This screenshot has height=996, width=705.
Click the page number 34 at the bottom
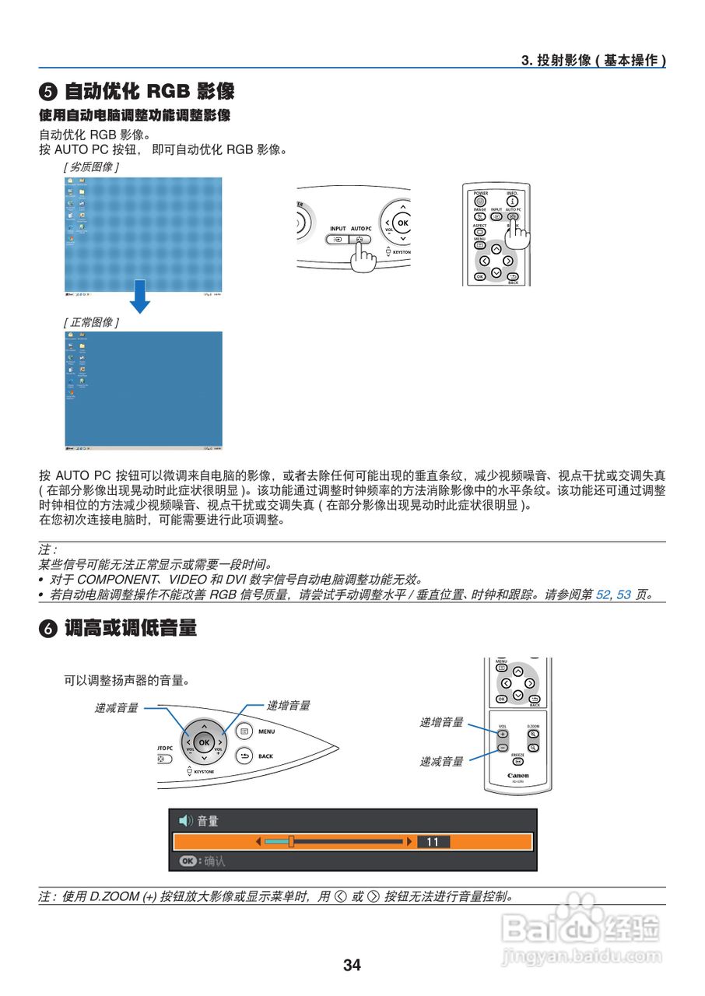352,965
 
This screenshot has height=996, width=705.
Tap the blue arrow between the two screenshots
139,296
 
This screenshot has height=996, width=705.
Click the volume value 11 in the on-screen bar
433,841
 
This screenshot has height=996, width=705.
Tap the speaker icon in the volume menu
185,820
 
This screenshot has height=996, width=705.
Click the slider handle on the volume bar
290,841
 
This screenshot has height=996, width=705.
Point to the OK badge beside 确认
188,861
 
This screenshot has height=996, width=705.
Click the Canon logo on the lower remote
517,775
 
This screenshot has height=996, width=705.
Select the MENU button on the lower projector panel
244,731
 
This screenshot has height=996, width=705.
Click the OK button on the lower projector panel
204,742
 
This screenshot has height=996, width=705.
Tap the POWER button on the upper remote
480,201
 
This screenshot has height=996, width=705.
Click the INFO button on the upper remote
512,201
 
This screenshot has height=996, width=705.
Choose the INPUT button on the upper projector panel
338,240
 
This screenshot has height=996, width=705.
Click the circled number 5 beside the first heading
47,92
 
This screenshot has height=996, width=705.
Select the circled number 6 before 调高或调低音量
47,630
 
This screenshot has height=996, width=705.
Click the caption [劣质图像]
91,167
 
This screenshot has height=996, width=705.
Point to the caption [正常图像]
91,321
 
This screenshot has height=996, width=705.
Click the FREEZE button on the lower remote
517,762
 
